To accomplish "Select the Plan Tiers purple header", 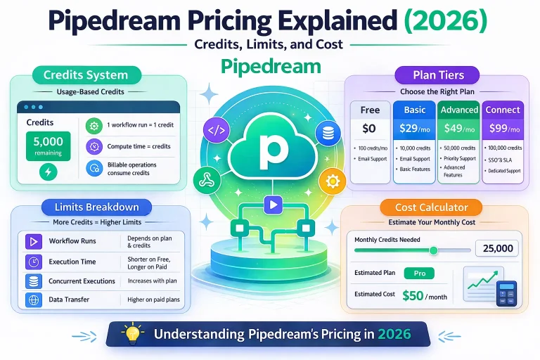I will click(438, 75).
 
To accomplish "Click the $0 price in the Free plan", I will click(370, 129).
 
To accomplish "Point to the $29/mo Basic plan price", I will click(414, 129).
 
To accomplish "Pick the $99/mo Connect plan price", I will click(503, 129).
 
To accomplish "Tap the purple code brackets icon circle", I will click(215, 131).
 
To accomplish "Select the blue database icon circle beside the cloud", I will click(326, 131).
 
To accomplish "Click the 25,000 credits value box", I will click(498, 247).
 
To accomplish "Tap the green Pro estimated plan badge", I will click(419, 273).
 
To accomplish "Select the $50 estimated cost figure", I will click(413, 296).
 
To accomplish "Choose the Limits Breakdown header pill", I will click(96, 207).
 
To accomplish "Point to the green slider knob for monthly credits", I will click(433, 250).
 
